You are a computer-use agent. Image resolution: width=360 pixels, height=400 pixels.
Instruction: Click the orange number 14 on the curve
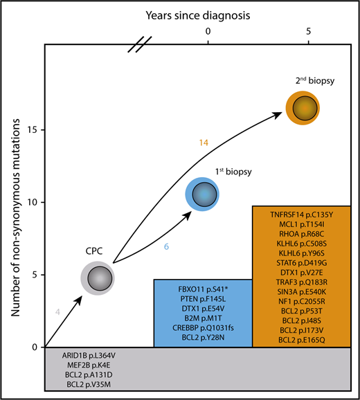pyautogui.click(x=204, y=143)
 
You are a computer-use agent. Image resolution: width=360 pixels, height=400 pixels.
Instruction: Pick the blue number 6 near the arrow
pyautogui.click(x=167, y=245)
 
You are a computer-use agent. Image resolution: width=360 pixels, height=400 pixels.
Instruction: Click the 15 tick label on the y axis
pyautogui.click(x=33, y=130)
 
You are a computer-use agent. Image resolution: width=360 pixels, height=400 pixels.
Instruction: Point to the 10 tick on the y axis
pyautogui.click(x=33, y=202)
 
